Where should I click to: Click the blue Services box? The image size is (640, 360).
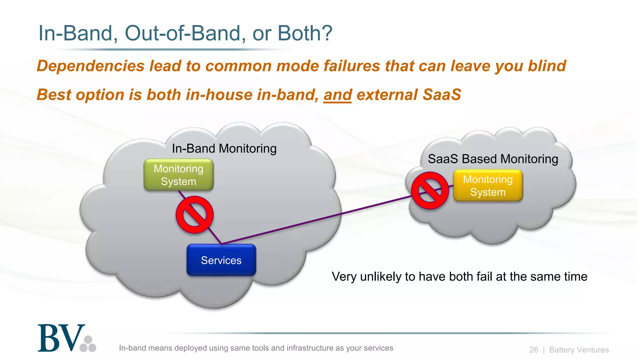pyautogui.click(x=221, y=260)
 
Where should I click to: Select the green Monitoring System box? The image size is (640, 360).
pyautogui.click(x=178, y=175)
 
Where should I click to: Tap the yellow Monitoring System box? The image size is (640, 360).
pyautogui.click(x=488, y=186)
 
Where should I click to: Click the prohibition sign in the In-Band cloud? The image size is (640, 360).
pyautogui.click(x=194, y=215)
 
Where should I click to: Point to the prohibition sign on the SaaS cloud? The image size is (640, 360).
pyautogui.click(x=430, y=190)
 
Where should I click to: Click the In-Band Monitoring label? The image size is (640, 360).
pyautogui.click(x=224, y=148)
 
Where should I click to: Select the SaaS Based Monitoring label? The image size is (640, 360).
pyautogui.click(x=493, y=159)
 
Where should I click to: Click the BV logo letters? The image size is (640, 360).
pyautogui.click(x=61, y=338)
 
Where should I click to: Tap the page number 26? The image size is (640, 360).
pyautogui.click(x=533, y=350)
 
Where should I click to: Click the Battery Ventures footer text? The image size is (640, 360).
pyautogui.click(x=579, y=350)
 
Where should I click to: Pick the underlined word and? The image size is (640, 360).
pyautogui.click(x=337, y=95)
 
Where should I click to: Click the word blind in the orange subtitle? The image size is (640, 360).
pyautogui.click(x=547, y=66)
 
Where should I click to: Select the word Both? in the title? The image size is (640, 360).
pyautogui.click(x=305, y=33)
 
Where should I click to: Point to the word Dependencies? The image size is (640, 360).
pyautogui.click(x=91, y=66)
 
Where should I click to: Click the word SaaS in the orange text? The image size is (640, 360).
pyautogui.click(x=442, y=95)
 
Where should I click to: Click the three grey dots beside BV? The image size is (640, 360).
pyautogui.click(x=88, y=344)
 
